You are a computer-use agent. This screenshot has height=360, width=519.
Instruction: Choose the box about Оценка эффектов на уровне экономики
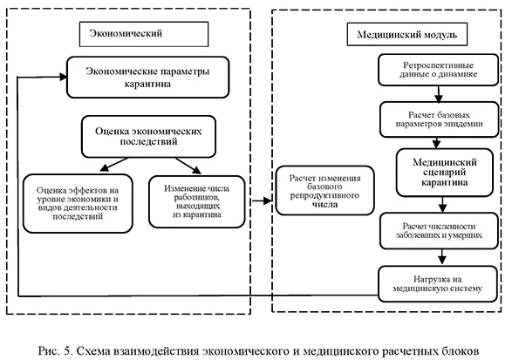[76, 203]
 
